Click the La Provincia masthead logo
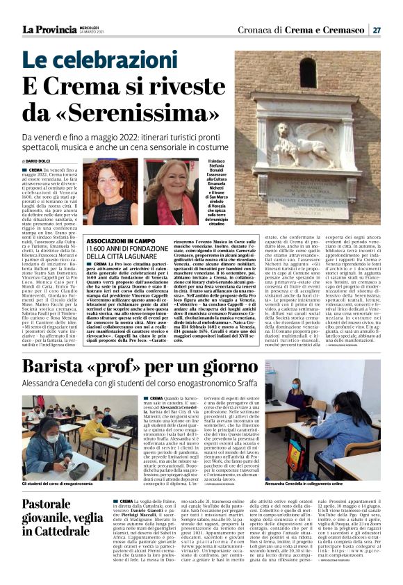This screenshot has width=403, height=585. tap(49, 29)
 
